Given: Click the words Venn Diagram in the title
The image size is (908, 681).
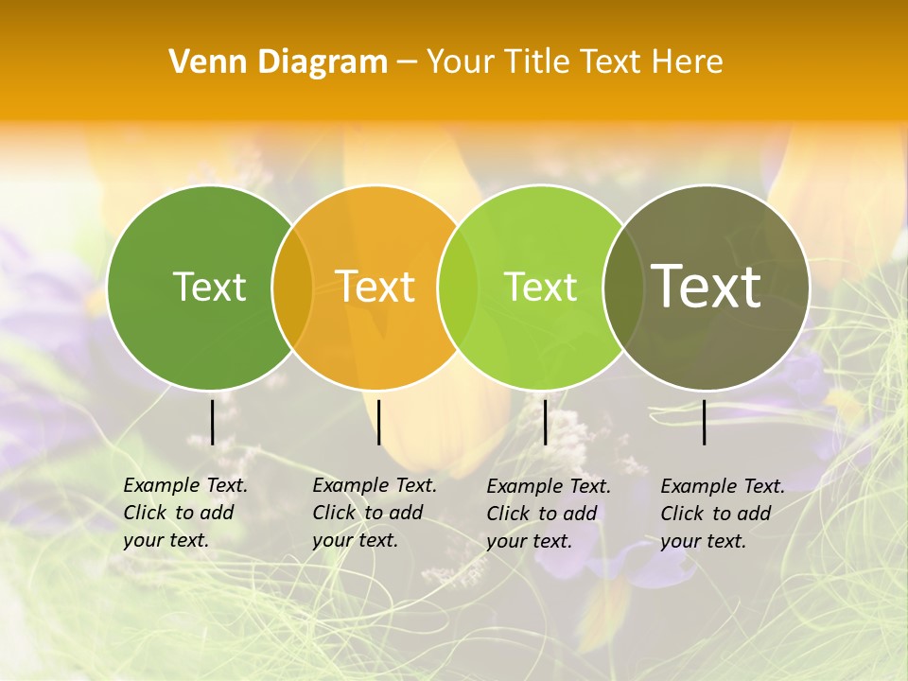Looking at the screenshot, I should (278, 62).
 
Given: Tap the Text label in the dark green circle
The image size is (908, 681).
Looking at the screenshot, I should (209, 287).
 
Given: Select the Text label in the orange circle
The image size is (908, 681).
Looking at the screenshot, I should (375, 287).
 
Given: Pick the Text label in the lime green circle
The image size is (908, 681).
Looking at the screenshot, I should (541, 287).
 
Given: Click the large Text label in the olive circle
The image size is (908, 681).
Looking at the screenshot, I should (707, 287).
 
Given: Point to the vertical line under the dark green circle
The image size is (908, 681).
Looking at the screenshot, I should (212, 422).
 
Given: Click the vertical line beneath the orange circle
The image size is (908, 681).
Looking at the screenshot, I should (378, 422).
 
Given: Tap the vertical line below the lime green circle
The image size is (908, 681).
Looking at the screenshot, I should (545, 422).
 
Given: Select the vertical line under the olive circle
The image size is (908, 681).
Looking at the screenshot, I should (705, 422).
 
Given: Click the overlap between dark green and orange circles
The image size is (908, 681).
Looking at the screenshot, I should (292, 287).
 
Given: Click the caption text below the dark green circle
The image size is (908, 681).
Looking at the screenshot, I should (185, 513).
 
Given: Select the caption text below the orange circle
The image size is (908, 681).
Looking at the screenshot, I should (375, 513).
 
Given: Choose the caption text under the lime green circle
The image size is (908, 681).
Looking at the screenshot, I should (549, 514).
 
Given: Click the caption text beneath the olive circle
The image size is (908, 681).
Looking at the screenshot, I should (723, 514).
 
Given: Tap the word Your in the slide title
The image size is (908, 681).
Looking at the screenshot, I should (462, 62).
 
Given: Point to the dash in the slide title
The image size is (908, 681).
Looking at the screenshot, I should (407, 62).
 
